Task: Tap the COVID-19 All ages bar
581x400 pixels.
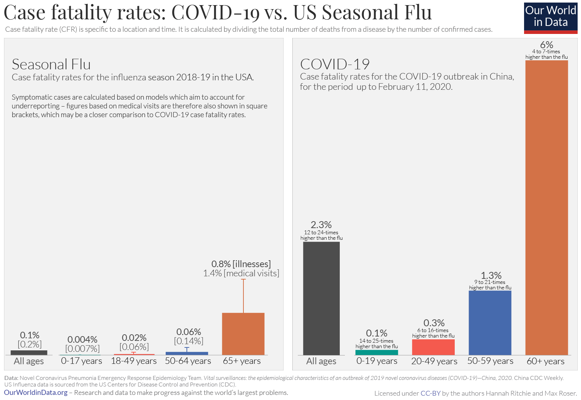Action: click(x=321, y=298)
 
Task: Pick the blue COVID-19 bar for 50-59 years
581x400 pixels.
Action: click(x=490, y=323)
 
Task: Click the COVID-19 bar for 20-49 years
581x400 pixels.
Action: click(x=433, y=347)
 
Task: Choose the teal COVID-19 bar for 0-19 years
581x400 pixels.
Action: click(x=377, y=353)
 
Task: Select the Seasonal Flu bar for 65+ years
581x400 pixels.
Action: click(x=243, y=334)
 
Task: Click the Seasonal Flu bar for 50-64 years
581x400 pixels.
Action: click(x=187, y=353)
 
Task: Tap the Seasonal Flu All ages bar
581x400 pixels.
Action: click(x=29, y=353)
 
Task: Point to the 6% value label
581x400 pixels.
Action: click(x=547, y=45)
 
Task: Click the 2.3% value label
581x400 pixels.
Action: click(x=321, y=224)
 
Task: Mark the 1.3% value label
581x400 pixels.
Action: click(x=491, y=275)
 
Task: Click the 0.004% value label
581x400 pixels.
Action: click(x=82, y=339)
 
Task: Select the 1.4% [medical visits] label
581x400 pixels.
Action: click(x=241, y=273)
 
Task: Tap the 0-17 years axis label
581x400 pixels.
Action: click(x=81, y=361)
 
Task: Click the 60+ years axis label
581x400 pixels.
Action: click(x=545, y=361)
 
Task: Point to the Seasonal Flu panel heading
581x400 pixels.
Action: click(x=51, y=64)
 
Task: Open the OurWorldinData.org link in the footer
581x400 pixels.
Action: click(x=36, y=393)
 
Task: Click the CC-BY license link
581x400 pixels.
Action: click(x=431, y=393)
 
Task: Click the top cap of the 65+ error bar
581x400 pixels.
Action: click(x=243, y=279)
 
